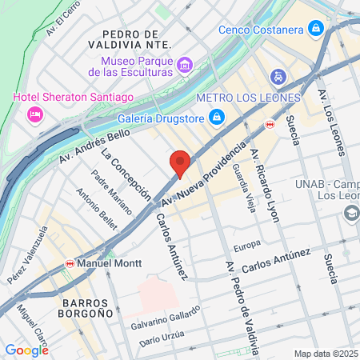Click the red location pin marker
(x=181, y=162)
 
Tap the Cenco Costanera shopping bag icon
(x=317, y=30)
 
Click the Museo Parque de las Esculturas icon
(x=185, y=64)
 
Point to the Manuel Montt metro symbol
(x=70, y=262)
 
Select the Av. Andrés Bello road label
(x=94, y=146)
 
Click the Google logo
(x=26, y=350)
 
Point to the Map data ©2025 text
(x=326, y=354)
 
